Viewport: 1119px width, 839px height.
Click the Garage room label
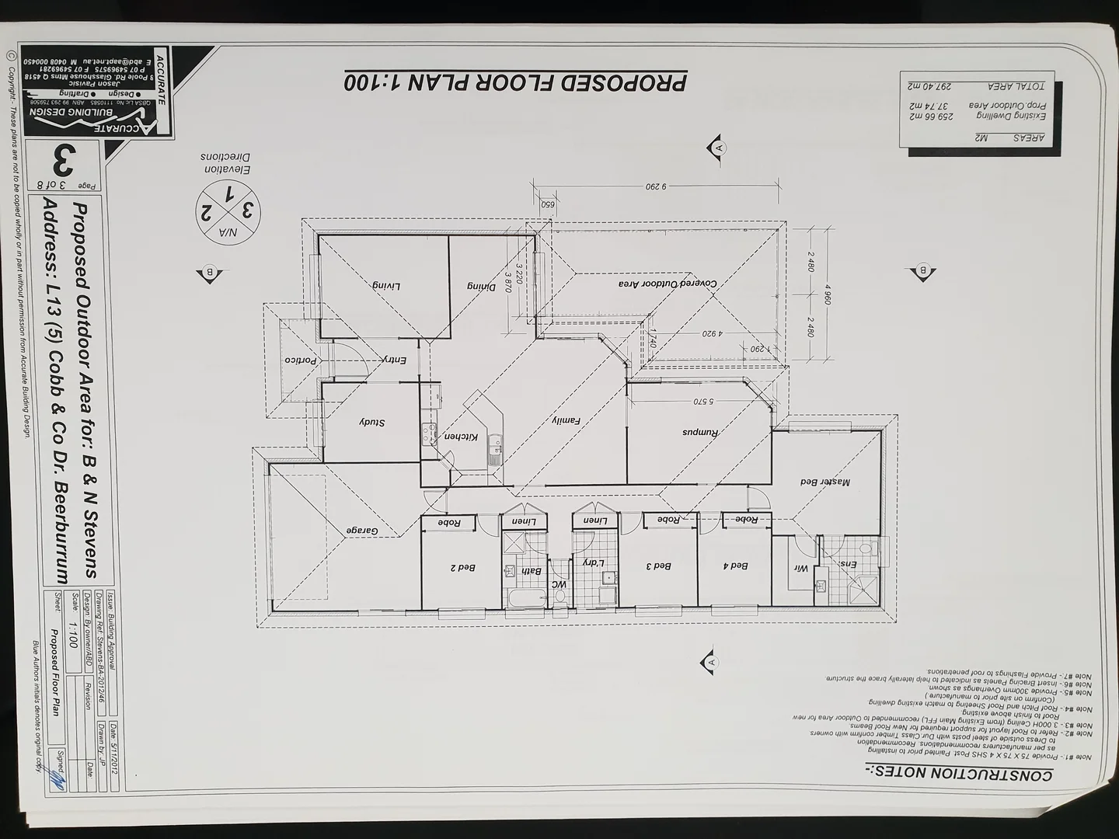[x=362, y=531]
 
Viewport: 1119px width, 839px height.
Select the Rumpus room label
[x=702, y=432]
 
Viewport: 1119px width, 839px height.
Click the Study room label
[x=372, y=423]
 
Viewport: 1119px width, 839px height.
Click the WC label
[x=559, y=584]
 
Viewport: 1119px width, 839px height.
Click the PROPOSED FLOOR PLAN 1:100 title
[x=514, y=82]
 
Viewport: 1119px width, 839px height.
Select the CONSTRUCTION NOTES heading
[x=960, y=773]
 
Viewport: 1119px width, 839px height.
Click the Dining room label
[x=481, y=286]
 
